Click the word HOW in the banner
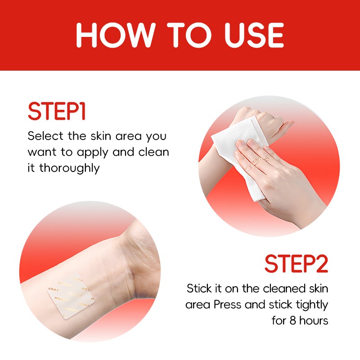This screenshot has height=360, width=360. click(x=115, y=35)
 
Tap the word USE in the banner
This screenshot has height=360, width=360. click(x=254, y=35)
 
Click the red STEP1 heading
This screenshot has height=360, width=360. click(x=57, y=112)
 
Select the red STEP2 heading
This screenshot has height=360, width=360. click(x=297, y=264)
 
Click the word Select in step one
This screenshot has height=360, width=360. click(x=45, y=136)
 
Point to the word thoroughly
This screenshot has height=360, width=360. click(x=70, y=168)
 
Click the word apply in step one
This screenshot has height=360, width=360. click(x=93, y=153)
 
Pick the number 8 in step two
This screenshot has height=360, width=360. click(x=293, y=320)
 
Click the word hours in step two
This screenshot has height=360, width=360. click(x=314, y=320)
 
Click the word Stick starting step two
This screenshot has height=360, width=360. click(x=199, y=288)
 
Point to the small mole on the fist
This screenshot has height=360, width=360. click(x=273, y=118)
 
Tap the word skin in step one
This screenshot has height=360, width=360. click(x=101, y=136)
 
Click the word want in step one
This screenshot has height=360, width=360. click(x=42, y=152)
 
